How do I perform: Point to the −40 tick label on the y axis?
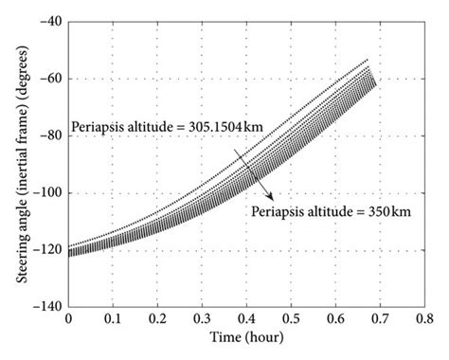tap(45, 21)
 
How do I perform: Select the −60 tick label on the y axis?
tap(45, 79)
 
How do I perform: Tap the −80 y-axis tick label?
tap(45, 135)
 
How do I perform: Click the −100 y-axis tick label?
tap(42, 193)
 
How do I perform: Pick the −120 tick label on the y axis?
tap(42, 250)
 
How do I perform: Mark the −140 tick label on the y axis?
tap(42, 308)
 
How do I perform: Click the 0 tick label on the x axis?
tap(68, 321)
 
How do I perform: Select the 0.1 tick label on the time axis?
tap(113, 321)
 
